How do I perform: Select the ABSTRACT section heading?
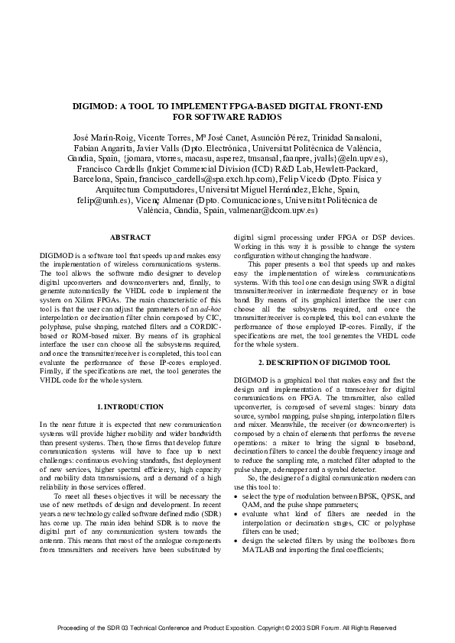[130, 238]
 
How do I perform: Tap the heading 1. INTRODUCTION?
[131, 406]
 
